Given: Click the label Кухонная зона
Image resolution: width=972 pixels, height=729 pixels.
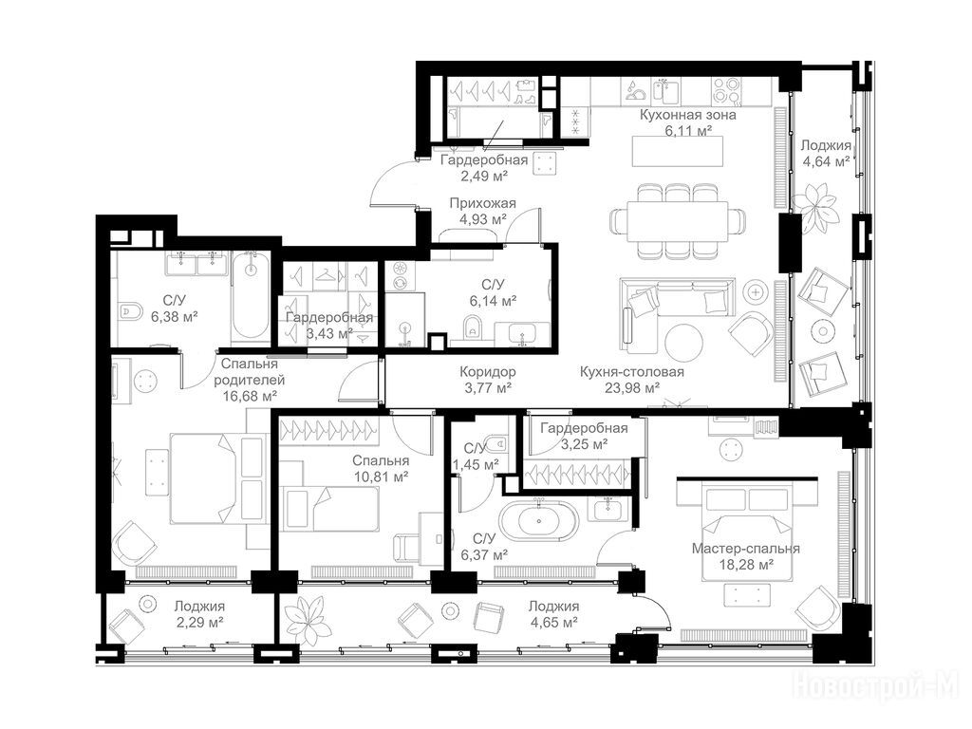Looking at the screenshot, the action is (x=687, y=115).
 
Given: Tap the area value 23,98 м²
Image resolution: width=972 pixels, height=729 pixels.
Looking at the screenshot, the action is (x=631, y=388).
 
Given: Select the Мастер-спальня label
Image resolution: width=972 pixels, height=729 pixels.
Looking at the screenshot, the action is (x=746, y=549).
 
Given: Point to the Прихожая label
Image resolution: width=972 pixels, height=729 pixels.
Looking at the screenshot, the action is (x=483, y=203).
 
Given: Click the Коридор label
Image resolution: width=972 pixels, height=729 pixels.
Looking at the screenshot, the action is (x=488, y=372).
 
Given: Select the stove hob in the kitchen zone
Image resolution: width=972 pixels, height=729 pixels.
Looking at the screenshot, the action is (x=726, y=91).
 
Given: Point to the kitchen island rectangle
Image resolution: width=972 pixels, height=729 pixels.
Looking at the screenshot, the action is (x=678, y=151).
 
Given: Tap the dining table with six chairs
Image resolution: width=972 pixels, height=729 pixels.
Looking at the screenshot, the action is (x=677, y=221).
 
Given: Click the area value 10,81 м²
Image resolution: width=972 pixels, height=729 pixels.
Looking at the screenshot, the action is (x=381, y=477).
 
